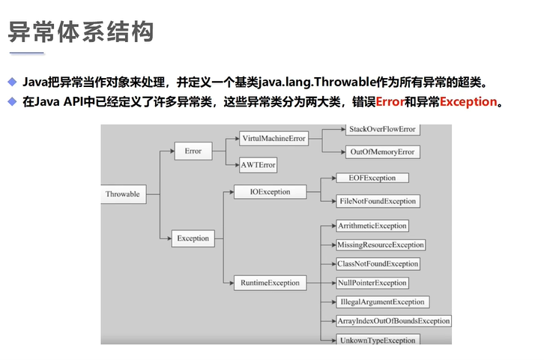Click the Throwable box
pyautogui.click(x=123, y=194)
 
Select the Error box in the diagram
pyautogui.click(x=193, y=151)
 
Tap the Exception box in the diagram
pyautogui.click(x=193, y=238)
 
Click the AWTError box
pyautogui.click(x=258, y=164)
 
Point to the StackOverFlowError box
pyautogui.click(x=381, y=129)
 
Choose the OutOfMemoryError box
pyautogui.click(x=381, y=152)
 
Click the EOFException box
pyautogui.click(x=367, y=178)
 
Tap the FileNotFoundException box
pyautogui.click(x=378, y=201)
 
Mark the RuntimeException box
pyautogui.click(x=270, y=283)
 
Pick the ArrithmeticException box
pyautogui.click(x=372, y=226)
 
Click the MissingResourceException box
pyautogui.click(x=381, y=244)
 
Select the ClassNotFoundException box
pyautogui.click(x=378, y=264)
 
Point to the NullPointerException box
pyautogui.click(x=372, y=283)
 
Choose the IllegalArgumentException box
pyautogui.click(x=382, y=302)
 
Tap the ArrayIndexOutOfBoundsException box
pyautogui.click(x=393, y=321)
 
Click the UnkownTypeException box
pyautogui.click(x=377, y=340)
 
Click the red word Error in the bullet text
pyautogui.click(x=390, y=102)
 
